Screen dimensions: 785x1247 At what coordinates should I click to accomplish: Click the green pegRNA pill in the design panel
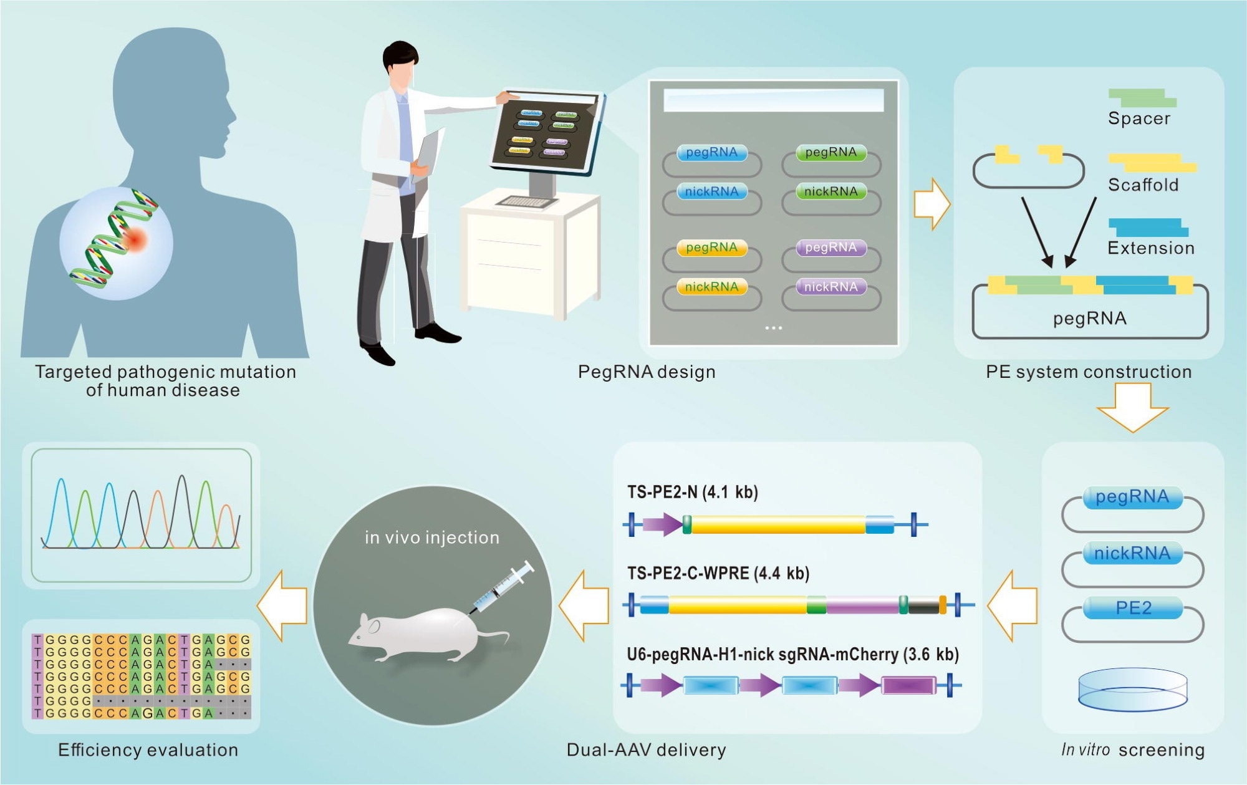tap(831, 153)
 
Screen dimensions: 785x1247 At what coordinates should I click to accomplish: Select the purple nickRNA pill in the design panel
tap(831, 287)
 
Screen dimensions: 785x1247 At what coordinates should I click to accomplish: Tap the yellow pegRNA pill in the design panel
tap(711, 248)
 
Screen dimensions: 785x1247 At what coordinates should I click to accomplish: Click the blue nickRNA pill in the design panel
tap(711, 191)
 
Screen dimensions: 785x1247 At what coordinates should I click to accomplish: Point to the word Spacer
tap(1139, 118)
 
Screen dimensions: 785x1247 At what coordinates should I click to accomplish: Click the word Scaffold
tap(1143, 185)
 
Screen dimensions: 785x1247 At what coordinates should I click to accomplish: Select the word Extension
tap(1151, 248)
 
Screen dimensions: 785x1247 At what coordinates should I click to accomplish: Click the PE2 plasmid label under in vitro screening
tap(1133, 608)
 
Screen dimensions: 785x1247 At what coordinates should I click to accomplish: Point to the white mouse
tap(418, 633)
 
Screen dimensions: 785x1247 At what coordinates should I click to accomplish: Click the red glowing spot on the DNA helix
tap(135, 239)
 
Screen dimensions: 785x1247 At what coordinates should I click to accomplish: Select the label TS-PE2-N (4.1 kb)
tap(692, 493)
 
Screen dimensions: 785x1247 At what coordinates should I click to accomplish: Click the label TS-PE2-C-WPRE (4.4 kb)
tap(718, 573)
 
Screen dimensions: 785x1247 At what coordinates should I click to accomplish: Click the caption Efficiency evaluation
tap(148, 750)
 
